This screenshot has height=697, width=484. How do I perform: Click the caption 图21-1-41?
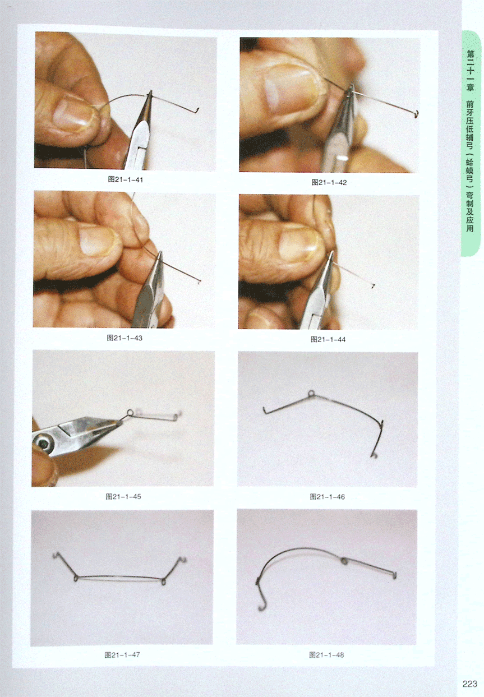pos(126,179)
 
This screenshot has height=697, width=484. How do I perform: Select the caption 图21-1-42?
pos(329,182)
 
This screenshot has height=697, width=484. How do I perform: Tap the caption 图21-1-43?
pos(125,338)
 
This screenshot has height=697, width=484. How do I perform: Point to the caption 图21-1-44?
pos(328,339)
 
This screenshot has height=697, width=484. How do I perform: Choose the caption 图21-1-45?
pos(123,497)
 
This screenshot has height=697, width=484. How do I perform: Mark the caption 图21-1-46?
pos(327,497)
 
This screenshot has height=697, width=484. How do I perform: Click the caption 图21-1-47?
pos(122,655)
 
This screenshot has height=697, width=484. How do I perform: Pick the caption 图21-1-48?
pos(326,655)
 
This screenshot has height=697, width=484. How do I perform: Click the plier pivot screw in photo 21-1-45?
pos(42,442)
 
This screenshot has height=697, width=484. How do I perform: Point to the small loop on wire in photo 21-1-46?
pos(311,394)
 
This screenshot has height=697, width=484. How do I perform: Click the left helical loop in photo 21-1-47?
pos(76,578)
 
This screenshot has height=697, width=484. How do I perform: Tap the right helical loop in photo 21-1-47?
pos(163,581)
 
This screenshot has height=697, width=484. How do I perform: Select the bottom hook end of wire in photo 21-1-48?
pos(261,606)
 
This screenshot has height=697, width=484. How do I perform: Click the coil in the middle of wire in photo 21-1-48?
pos(344,560)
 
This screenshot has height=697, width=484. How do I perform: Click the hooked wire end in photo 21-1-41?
pos(196,110)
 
